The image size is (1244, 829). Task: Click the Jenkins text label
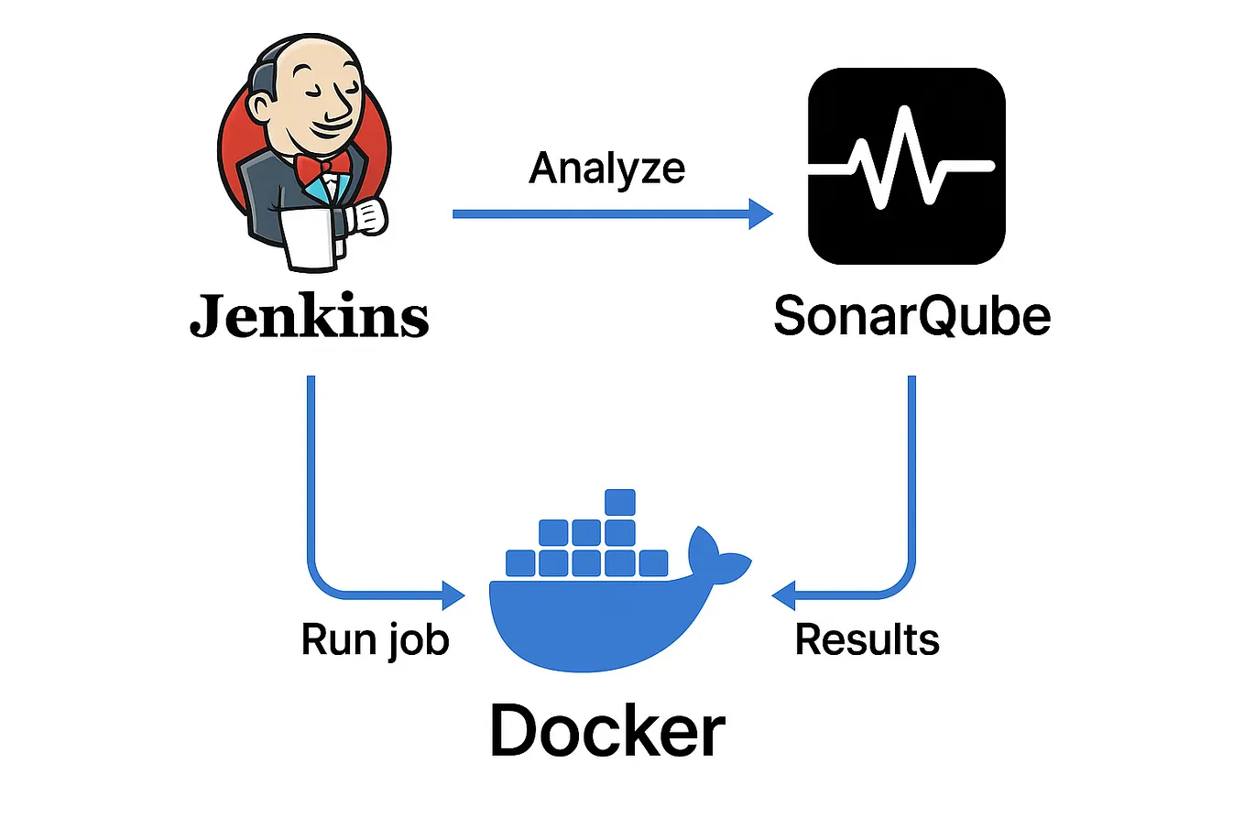click(x=309, y=317)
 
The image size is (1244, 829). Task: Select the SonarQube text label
click(x=911, y=316)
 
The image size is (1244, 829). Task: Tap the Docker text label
click(x=607, y=731)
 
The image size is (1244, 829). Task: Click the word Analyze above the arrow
click(x=606, y=169)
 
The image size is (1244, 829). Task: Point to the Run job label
click(x=375, y=639)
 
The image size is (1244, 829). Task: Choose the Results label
click(x=867, y=639)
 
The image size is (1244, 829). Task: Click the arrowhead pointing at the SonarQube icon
click(x=761, y=214)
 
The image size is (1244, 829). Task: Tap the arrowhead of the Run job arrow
click(x=453, y=595)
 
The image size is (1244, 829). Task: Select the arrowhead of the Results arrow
click(x=784, y=595)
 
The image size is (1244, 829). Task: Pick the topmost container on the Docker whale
click(x=620, y=502)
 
